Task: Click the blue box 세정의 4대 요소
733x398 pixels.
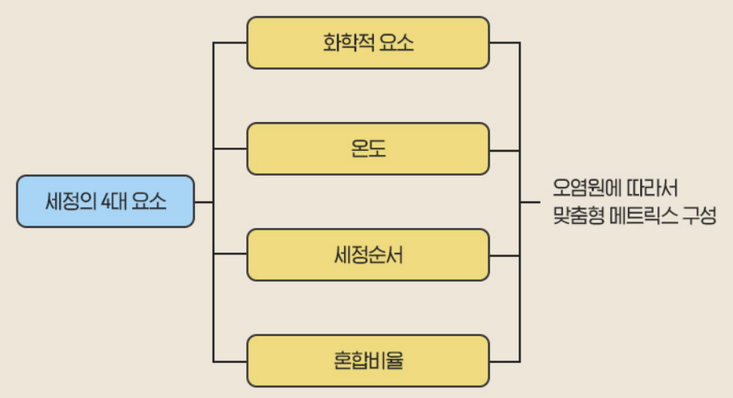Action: (105, 201)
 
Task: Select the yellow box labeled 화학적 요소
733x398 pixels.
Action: (367, 43)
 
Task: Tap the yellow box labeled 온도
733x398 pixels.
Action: (367, 148)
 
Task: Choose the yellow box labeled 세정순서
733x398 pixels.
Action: (367, 255)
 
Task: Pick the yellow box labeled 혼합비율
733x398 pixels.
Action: (367, 361)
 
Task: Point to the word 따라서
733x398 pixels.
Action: (651, 189)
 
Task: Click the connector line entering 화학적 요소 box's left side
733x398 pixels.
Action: (230, 43)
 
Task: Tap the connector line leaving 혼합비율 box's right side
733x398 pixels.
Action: (504, 361)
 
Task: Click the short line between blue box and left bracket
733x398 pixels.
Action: (204, 201)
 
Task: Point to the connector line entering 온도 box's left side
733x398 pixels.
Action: (230, 148)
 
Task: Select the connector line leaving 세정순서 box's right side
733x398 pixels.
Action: (504, 255)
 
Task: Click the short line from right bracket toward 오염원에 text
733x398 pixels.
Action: (531, 201)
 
